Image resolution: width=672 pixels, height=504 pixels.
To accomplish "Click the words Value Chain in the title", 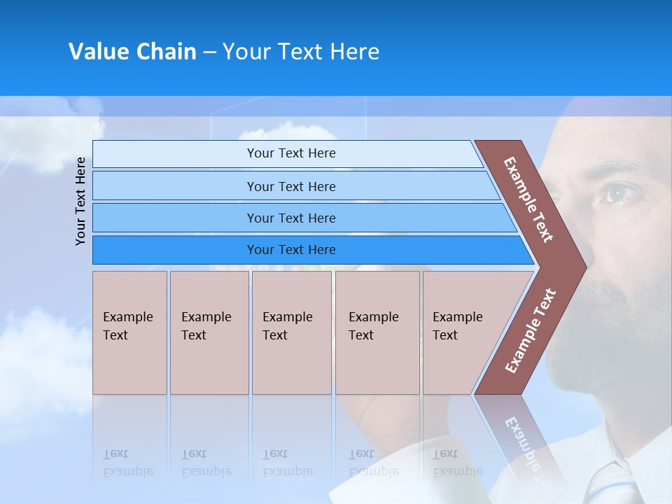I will [x=132, y=52].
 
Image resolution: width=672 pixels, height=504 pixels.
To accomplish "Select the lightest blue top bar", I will [x=287, y=153].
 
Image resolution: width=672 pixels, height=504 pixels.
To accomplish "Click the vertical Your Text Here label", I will [x=81, y=201].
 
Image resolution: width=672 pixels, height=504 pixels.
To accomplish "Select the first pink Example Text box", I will [x=129, y=332].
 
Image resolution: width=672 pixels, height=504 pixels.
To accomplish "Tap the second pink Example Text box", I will [x=209, y=332].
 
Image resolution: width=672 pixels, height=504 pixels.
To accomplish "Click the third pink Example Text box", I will [x=291, y=332].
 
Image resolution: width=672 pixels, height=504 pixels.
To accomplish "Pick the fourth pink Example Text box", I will [x=377, y=332].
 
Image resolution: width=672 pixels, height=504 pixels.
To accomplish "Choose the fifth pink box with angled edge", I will [x=462, y=332].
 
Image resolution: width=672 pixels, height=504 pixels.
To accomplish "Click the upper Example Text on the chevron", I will [x=528, y=199].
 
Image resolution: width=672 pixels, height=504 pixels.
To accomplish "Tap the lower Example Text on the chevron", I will [x=531, y=330].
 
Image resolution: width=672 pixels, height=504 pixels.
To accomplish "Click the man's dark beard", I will [x=616, y=329].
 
